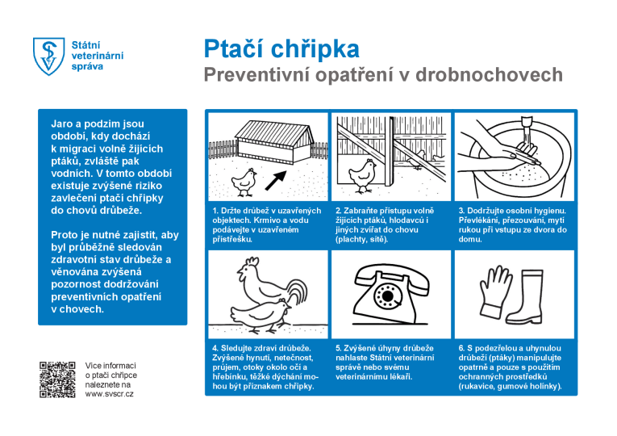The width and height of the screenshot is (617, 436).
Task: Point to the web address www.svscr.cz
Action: coord(109,394)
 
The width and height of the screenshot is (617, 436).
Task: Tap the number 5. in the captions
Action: coord(338,348)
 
